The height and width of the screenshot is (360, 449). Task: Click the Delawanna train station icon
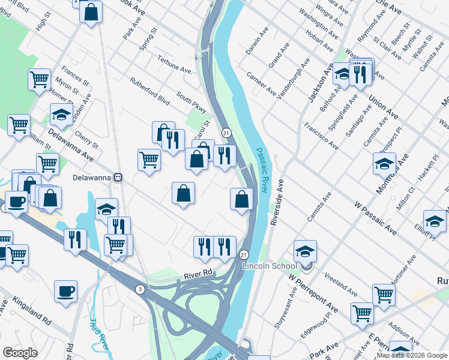(x=119, y=178)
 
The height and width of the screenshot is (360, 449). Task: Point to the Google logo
(x=20, y=352)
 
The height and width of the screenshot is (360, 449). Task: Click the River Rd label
(x=199, y=273)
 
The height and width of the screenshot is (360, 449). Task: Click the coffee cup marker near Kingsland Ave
(x=65, y=291)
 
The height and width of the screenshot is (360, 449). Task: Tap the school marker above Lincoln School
(x=305, y=250)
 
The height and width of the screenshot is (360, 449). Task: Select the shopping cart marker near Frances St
(x=39, y=78)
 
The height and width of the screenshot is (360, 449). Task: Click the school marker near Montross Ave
(x=384, y=163)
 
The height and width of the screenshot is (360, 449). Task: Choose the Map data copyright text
(x=412, y=355)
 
